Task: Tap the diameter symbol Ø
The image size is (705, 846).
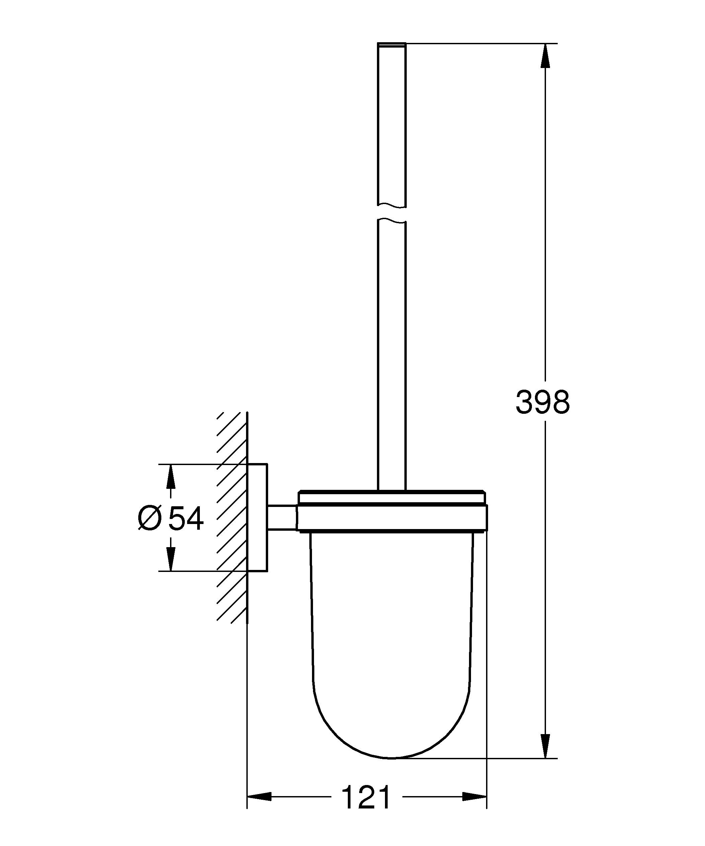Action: (150, 519)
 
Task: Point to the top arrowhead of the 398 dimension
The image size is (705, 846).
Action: (545, 54)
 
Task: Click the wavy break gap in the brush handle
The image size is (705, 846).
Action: (392, 213)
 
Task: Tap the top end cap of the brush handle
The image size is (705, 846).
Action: (392, 45)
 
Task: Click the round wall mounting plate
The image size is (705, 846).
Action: (257, 517)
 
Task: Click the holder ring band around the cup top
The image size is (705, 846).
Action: (392, 517)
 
